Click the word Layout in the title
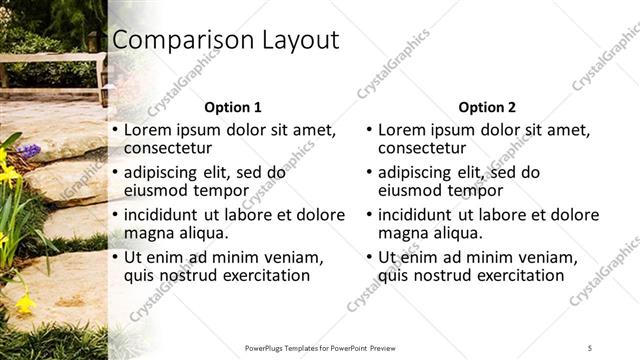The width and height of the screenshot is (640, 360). click(289, 41)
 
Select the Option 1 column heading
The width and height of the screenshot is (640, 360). click(233, 107)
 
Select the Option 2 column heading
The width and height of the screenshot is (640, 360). click(488, 107)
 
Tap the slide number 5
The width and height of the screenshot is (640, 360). click(590, 347)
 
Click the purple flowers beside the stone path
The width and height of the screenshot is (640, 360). click(29, 151)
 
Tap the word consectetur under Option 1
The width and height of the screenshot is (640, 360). click(172, 149)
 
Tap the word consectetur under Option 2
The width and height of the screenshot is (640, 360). click(427, 149)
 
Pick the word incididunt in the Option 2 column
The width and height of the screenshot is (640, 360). click(418, 214)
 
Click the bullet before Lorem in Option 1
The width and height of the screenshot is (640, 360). click(115, 130)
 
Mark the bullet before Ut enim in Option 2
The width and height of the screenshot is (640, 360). click(369, 257)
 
